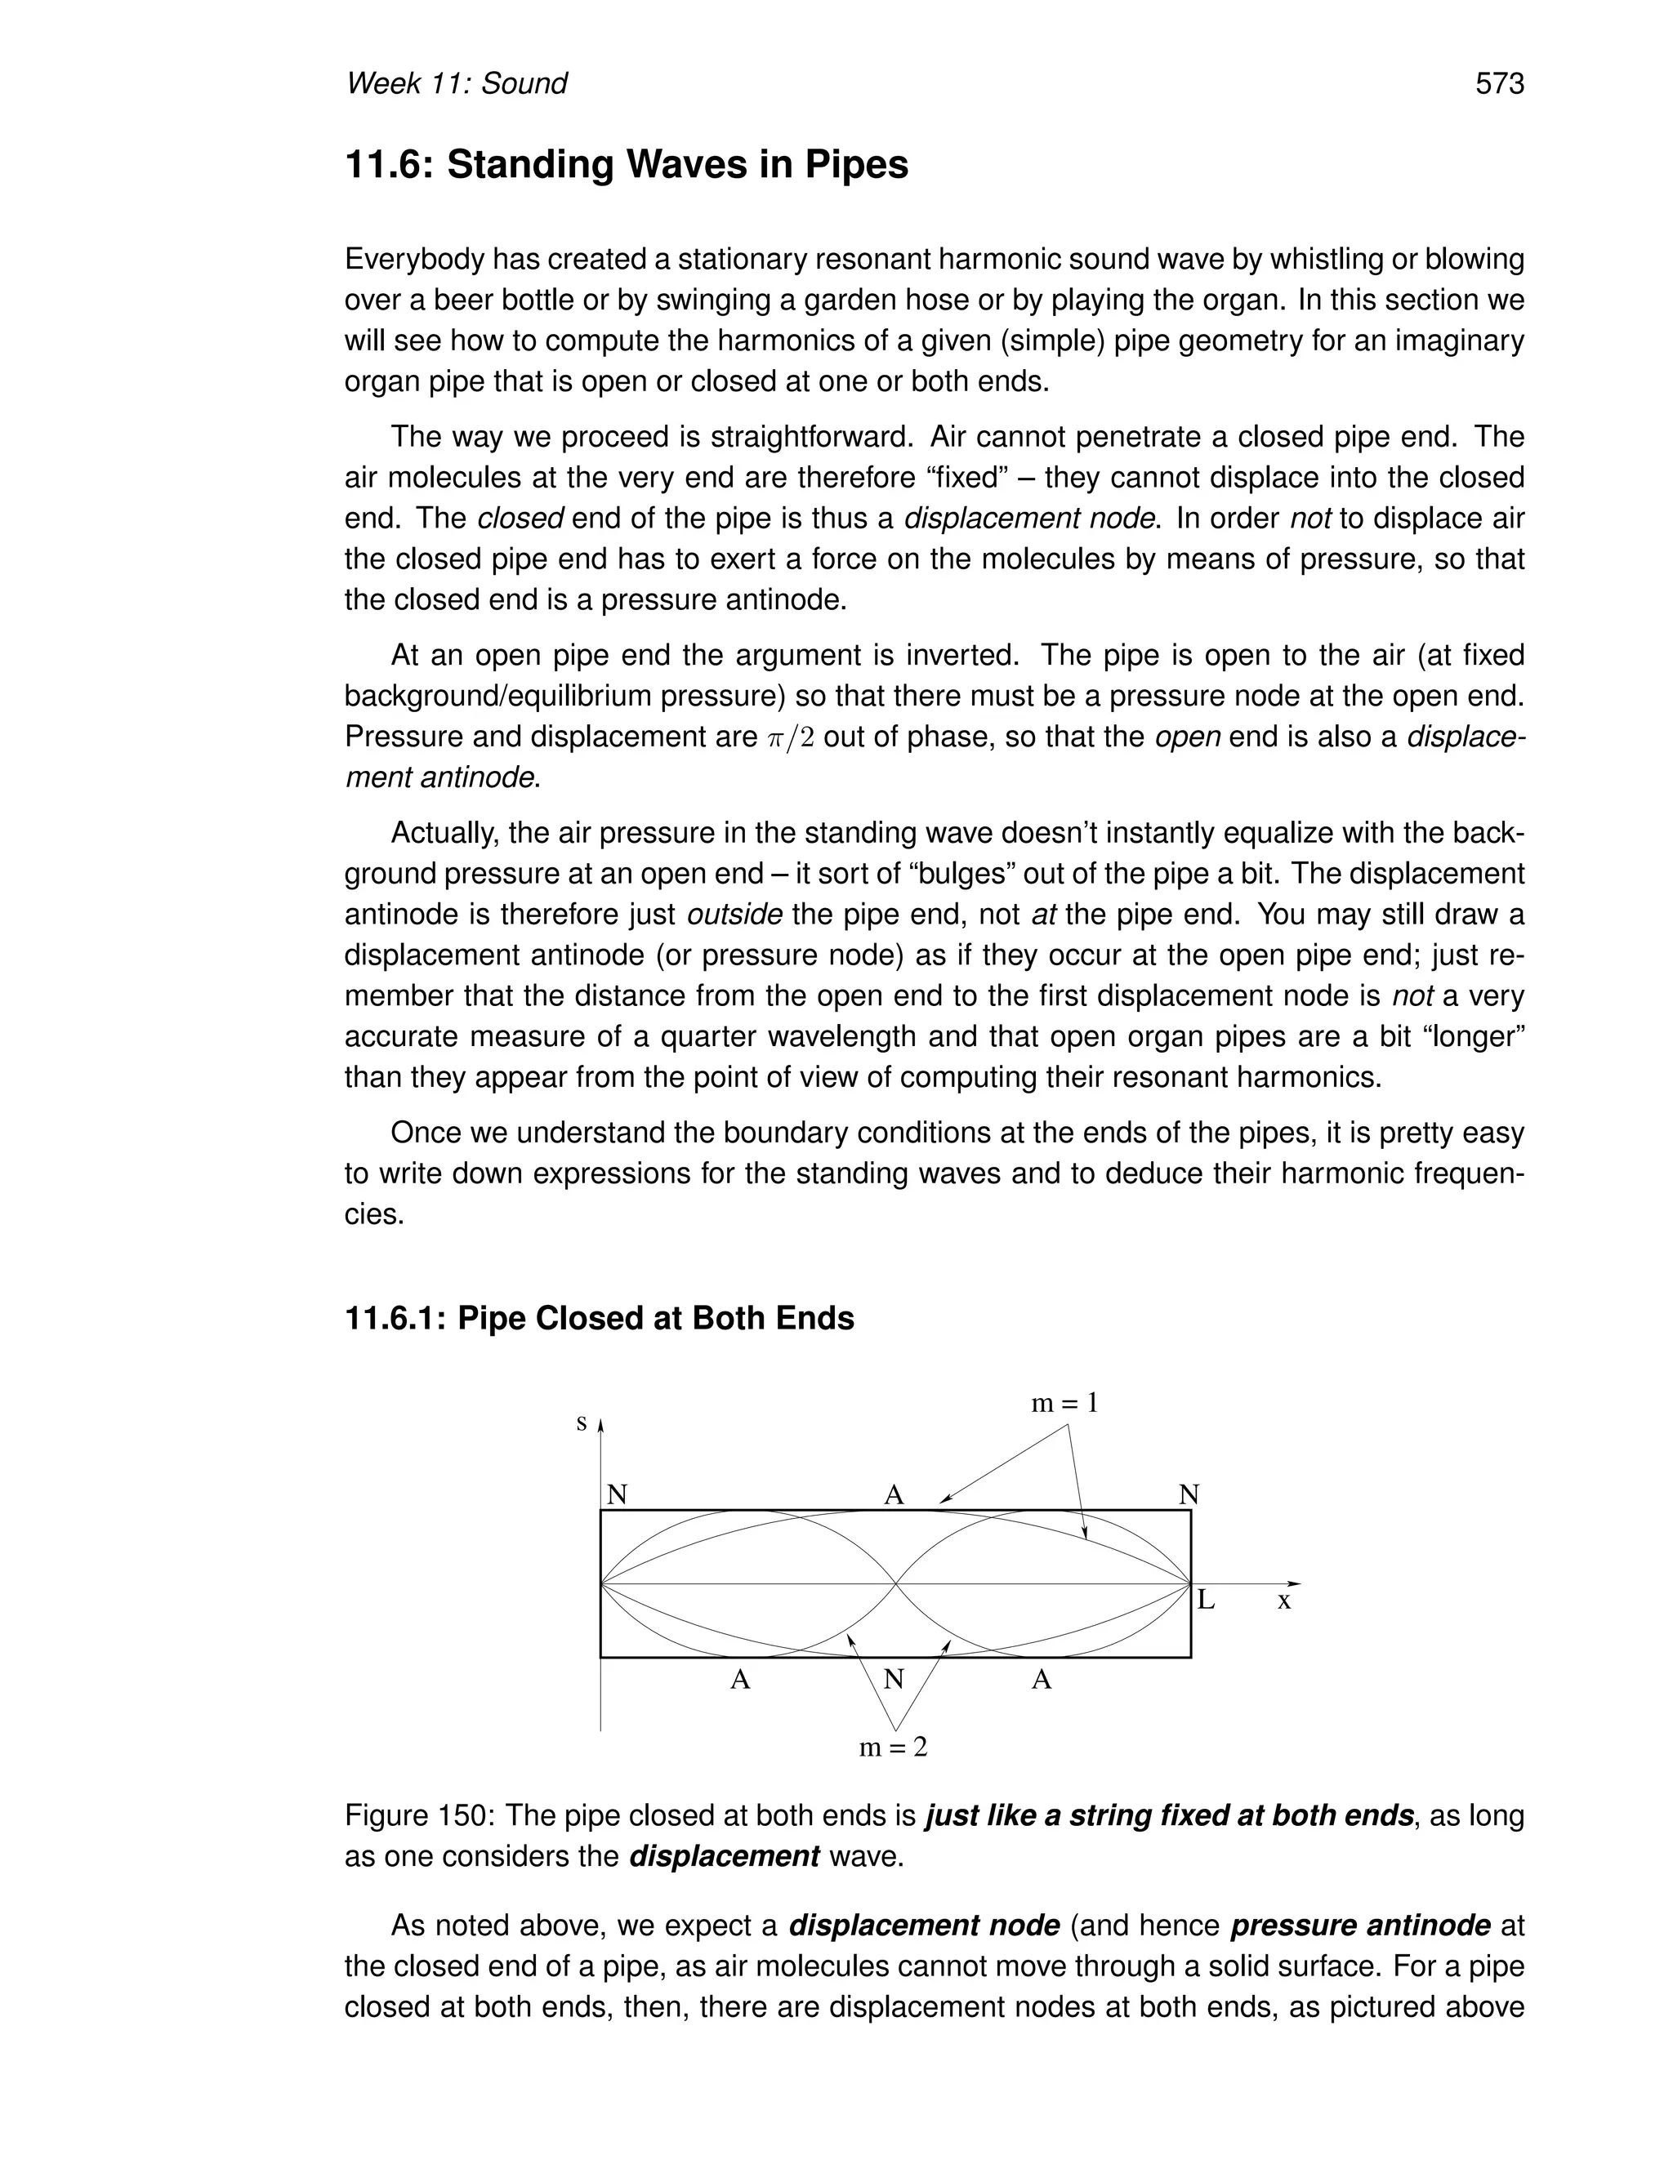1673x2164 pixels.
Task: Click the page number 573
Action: (x=1498, y=84)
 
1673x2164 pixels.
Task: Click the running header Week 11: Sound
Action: (x=456, y=84)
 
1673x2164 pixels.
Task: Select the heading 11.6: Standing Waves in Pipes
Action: (x=626, y=164)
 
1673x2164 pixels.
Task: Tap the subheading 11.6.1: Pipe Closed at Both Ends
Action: (x=599, y=1319)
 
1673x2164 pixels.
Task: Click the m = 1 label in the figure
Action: (x=1064, y=1403)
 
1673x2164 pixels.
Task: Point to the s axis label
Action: (x=582, y=1424)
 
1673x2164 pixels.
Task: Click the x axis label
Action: (x=1283, y=1601)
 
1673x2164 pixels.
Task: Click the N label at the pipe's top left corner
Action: (x=617, y=1495)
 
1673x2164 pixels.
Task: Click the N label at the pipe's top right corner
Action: (x=1189, y=1495)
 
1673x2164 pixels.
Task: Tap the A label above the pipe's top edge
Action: (x=894, y=1495)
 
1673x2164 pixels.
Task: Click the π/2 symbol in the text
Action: (x=790, y=737)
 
